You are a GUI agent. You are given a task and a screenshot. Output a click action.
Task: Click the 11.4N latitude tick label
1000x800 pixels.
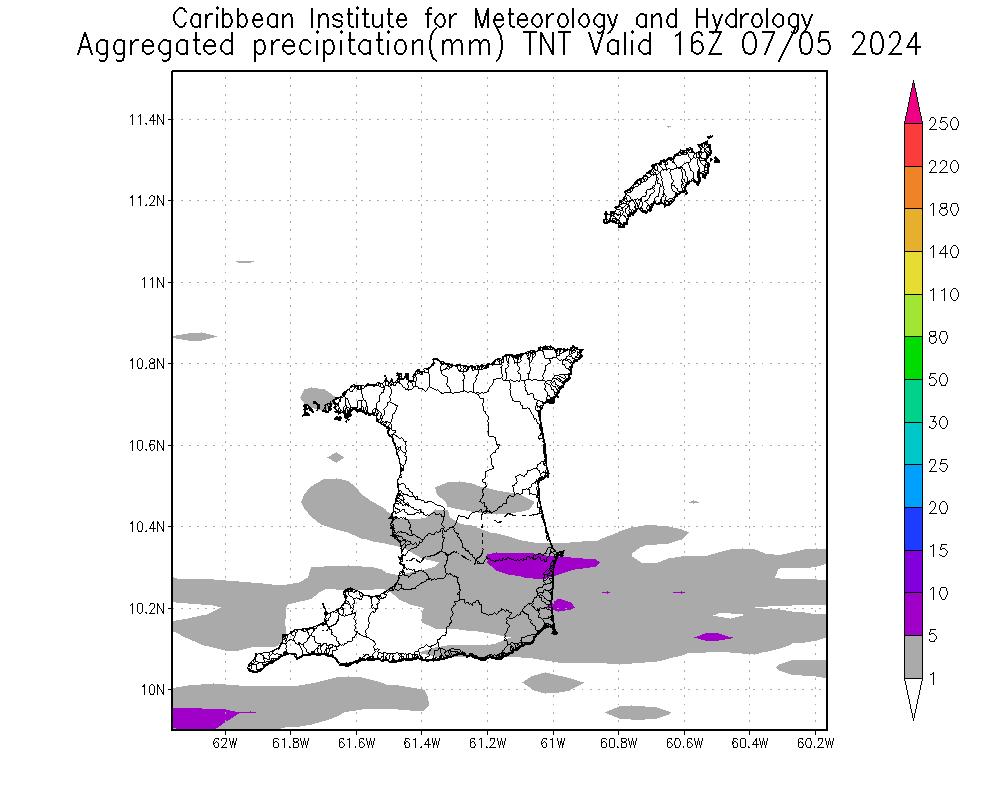pos(146,120)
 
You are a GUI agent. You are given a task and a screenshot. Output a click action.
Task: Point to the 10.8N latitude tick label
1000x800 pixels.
pos(146,364)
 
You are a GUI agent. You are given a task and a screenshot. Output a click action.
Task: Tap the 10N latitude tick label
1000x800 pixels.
pos(152,690)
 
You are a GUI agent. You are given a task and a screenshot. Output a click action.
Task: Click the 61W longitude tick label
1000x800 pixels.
pos(553,743)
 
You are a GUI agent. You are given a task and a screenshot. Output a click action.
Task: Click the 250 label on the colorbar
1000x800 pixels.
pos(944,124)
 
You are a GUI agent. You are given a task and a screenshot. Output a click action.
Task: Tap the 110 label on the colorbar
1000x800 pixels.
pos(944,295)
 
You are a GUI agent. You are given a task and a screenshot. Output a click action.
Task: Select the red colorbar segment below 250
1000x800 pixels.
pos(913,145)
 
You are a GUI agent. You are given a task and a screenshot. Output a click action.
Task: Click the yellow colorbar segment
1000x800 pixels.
pos(913,273)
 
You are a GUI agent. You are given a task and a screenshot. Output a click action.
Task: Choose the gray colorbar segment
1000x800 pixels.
pos(913,657)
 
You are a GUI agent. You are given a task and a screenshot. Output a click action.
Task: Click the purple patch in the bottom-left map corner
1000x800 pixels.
pos(200,718)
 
